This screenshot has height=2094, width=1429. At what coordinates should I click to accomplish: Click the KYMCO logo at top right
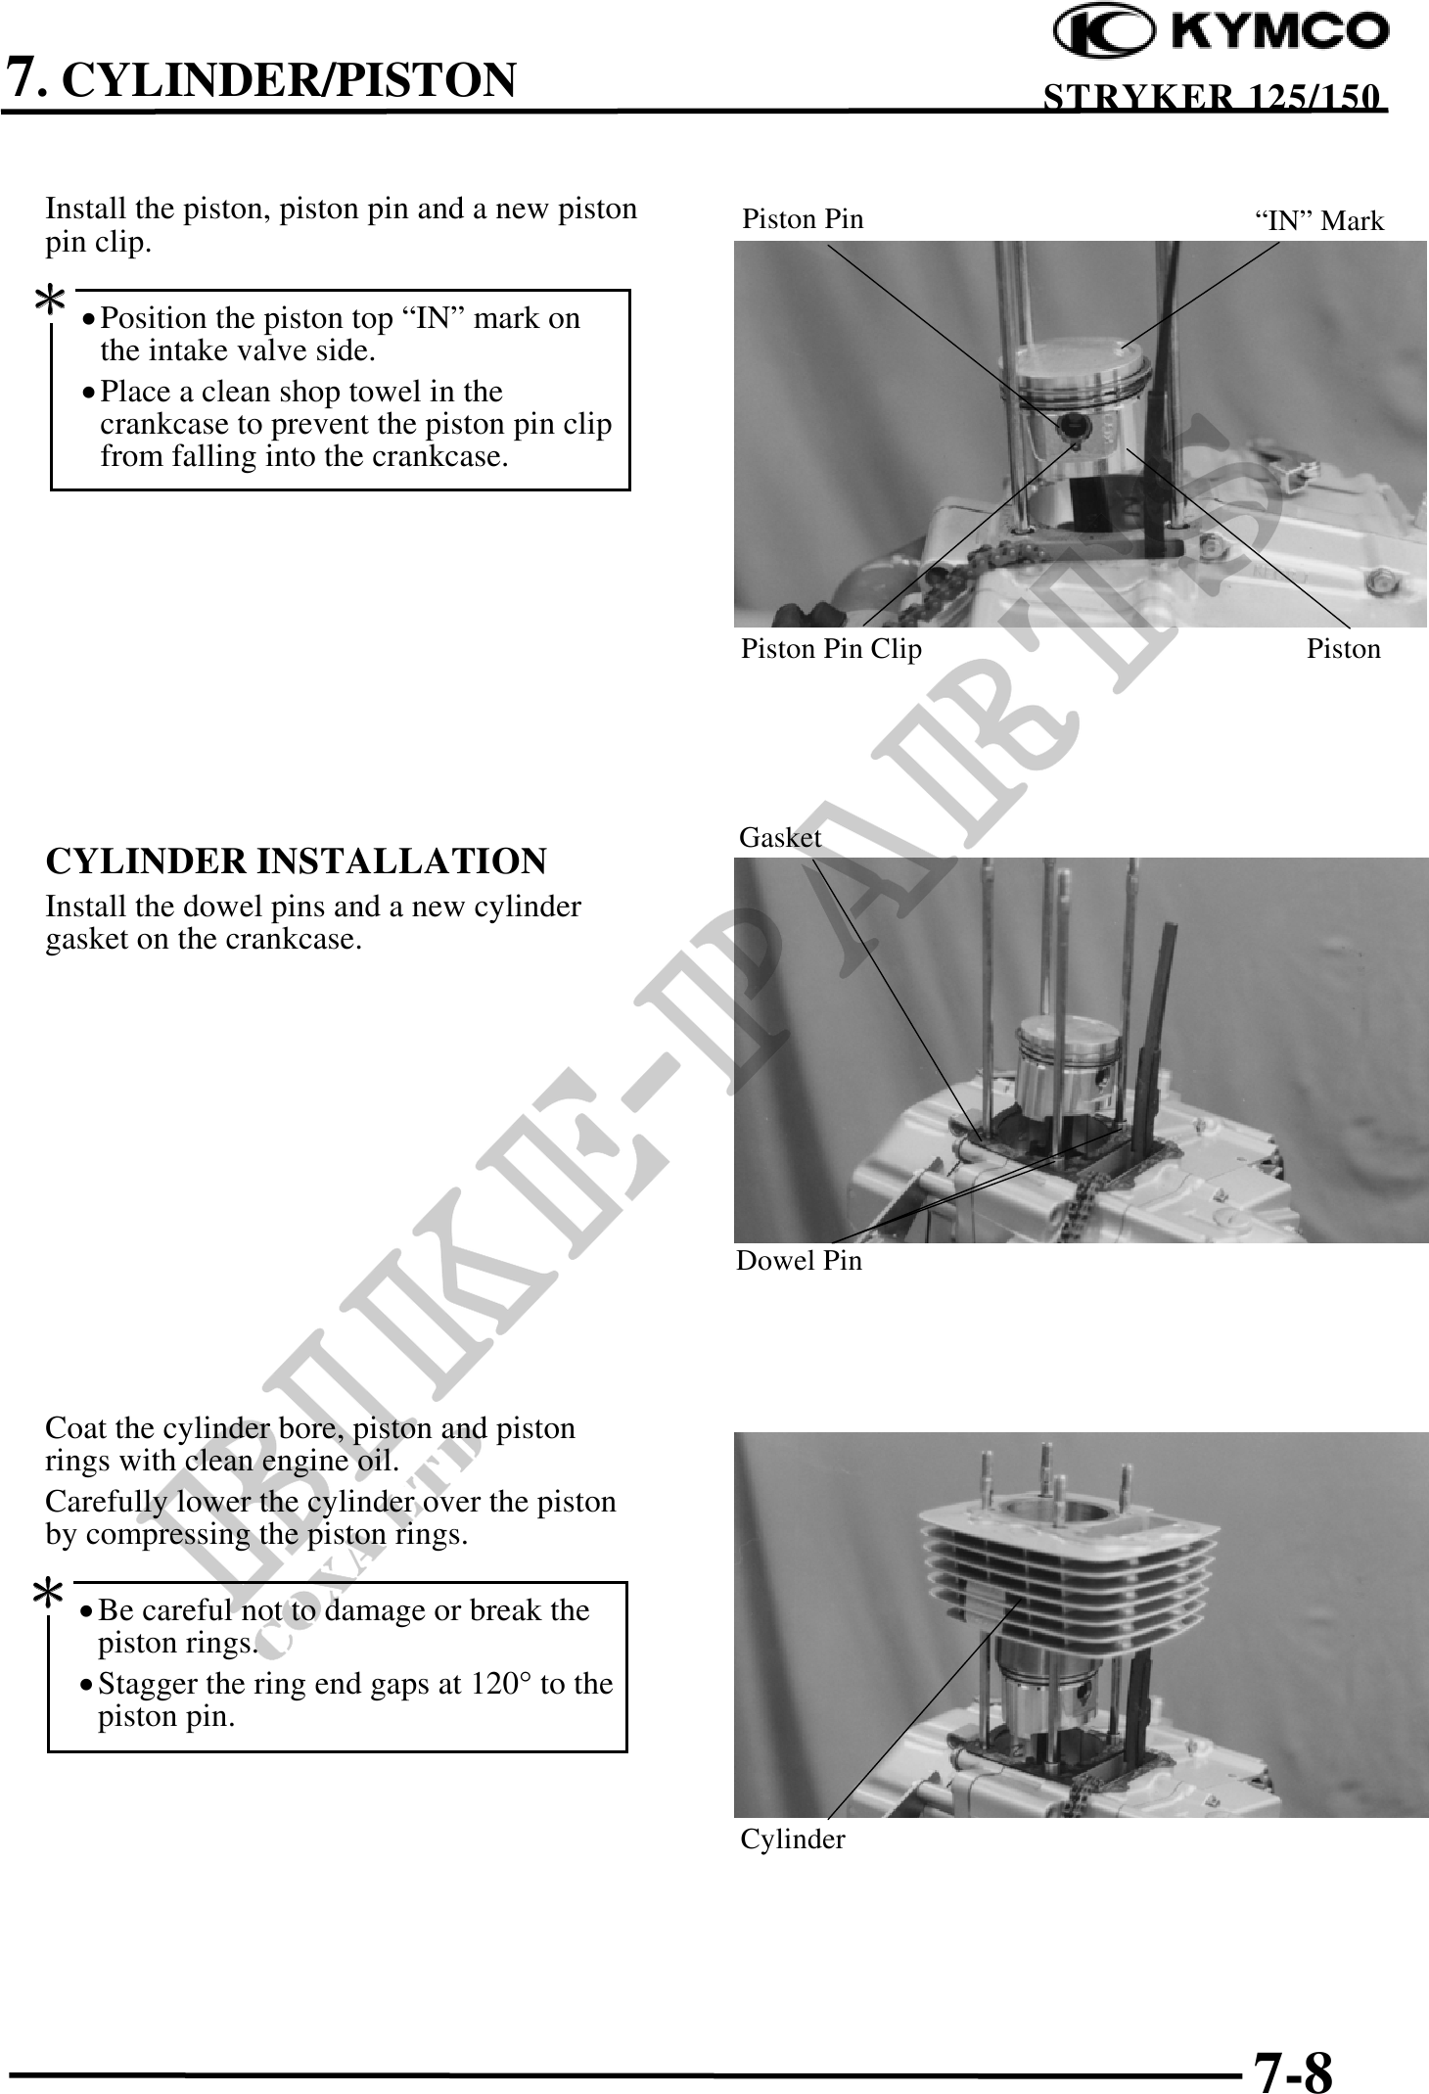1220,31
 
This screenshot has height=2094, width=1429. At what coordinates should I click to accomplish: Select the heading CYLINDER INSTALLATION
296,861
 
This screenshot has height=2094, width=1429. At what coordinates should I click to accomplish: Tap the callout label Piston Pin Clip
831,649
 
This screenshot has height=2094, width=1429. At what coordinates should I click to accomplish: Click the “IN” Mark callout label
1319,221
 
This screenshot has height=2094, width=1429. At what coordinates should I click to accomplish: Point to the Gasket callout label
779,838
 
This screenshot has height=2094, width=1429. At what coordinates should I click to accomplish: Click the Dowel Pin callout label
799,1261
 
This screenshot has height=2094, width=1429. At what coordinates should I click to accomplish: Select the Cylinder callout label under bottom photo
792,1839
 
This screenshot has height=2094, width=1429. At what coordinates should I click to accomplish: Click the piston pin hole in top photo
1073,425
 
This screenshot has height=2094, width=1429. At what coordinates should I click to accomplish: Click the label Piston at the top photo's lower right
1343,649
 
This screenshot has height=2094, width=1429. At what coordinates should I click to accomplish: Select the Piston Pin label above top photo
803,219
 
